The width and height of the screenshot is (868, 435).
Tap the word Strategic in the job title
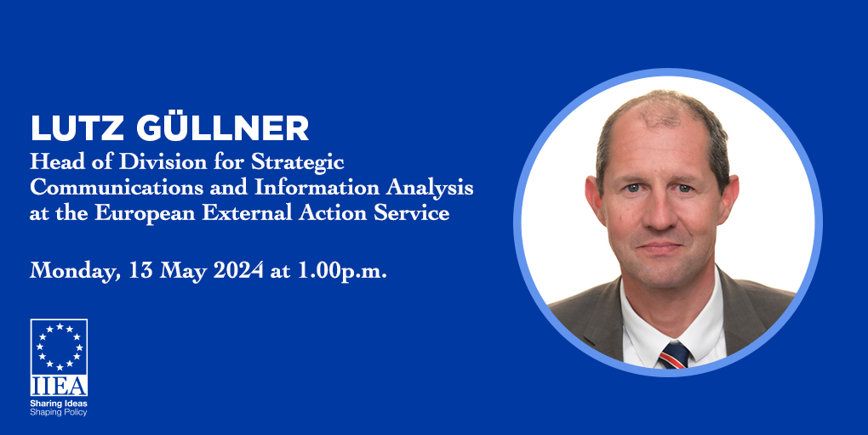297,163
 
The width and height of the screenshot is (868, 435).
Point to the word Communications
117,188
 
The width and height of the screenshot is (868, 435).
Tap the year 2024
238,270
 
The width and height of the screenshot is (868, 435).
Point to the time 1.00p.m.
342,271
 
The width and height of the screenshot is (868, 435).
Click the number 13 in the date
141,270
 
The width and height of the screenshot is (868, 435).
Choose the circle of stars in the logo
59,346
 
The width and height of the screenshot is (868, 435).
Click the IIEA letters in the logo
59,386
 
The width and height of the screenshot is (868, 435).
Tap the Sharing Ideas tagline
59,404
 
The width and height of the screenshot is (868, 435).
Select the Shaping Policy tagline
59,412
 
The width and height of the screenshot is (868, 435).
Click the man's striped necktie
674,355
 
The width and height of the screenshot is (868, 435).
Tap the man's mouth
660,246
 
